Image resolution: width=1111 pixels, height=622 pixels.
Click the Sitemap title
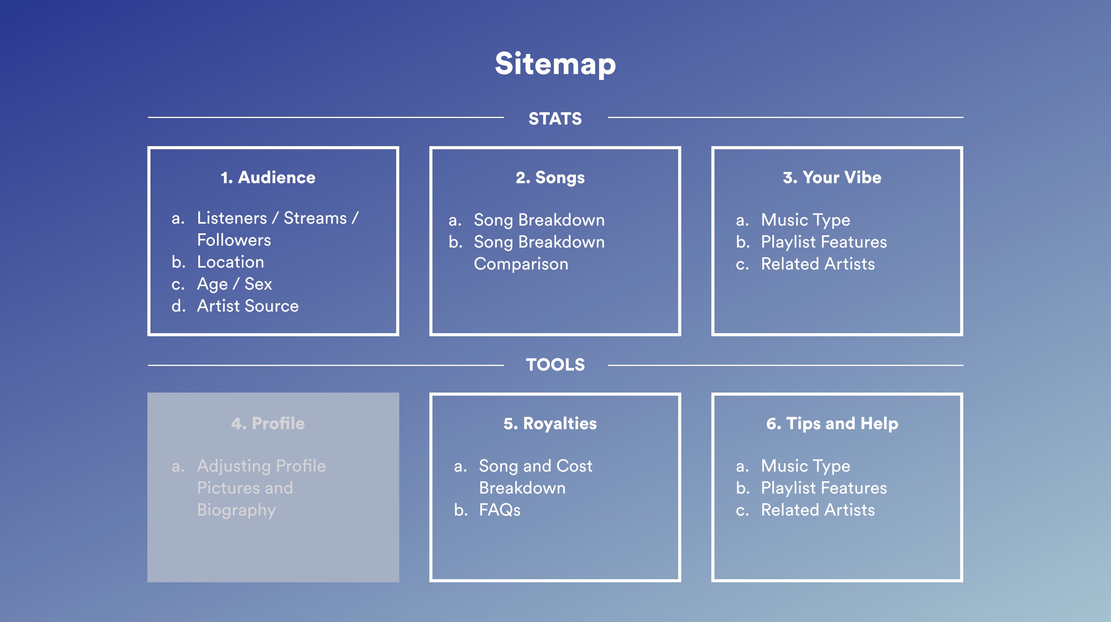point(555,64)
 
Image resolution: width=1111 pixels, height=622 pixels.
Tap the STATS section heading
point(555,118)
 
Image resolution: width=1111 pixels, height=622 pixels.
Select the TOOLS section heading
point(555,365)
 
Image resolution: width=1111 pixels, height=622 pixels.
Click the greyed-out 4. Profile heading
point(268,423)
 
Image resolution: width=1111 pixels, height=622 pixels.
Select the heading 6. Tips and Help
point(832,423)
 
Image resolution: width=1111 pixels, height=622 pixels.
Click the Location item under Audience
point(230,262)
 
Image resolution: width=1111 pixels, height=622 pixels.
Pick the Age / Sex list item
point(234,284)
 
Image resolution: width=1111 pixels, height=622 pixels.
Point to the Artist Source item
point(248,306)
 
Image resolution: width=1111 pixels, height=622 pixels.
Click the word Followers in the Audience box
point(234,240)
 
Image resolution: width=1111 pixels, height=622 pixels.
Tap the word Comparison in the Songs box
point(521,264)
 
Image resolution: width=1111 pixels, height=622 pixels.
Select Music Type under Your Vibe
point(805,220)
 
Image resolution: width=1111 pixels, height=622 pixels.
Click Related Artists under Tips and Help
point(818,510)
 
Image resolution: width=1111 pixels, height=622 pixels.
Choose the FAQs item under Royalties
point(500,510)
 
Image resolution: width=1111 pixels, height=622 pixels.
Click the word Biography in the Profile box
point(236,510)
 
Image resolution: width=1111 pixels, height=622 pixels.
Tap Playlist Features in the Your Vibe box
point(824,242)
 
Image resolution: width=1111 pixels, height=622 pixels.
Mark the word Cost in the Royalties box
point(574,466)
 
